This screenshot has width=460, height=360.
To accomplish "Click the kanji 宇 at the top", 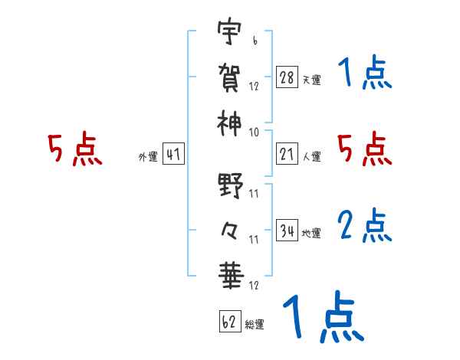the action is coord(230,34).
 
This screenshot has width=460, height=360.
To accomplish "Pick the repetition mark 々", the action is coord(230,228).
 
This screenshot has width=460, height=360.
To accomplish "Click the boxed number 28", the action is coord(287,78).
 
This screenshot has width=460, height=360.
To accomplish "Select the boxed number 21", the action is coord(287,155).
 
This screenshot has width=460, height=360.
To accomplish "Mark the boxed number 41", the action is coord(173,155).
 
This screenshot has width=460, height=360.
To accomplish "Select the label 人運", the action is coord(311,157).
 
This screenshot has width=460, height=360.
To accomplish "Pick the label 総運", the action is coord(255,325).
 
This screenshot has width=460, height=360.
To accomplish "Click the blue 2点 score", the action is coord(365,225).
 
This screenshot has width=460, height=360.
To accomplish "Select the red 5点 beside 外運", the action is coord(74,149).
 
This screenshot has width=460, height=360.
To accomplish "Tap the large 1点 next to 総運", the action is coord(323,316).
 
